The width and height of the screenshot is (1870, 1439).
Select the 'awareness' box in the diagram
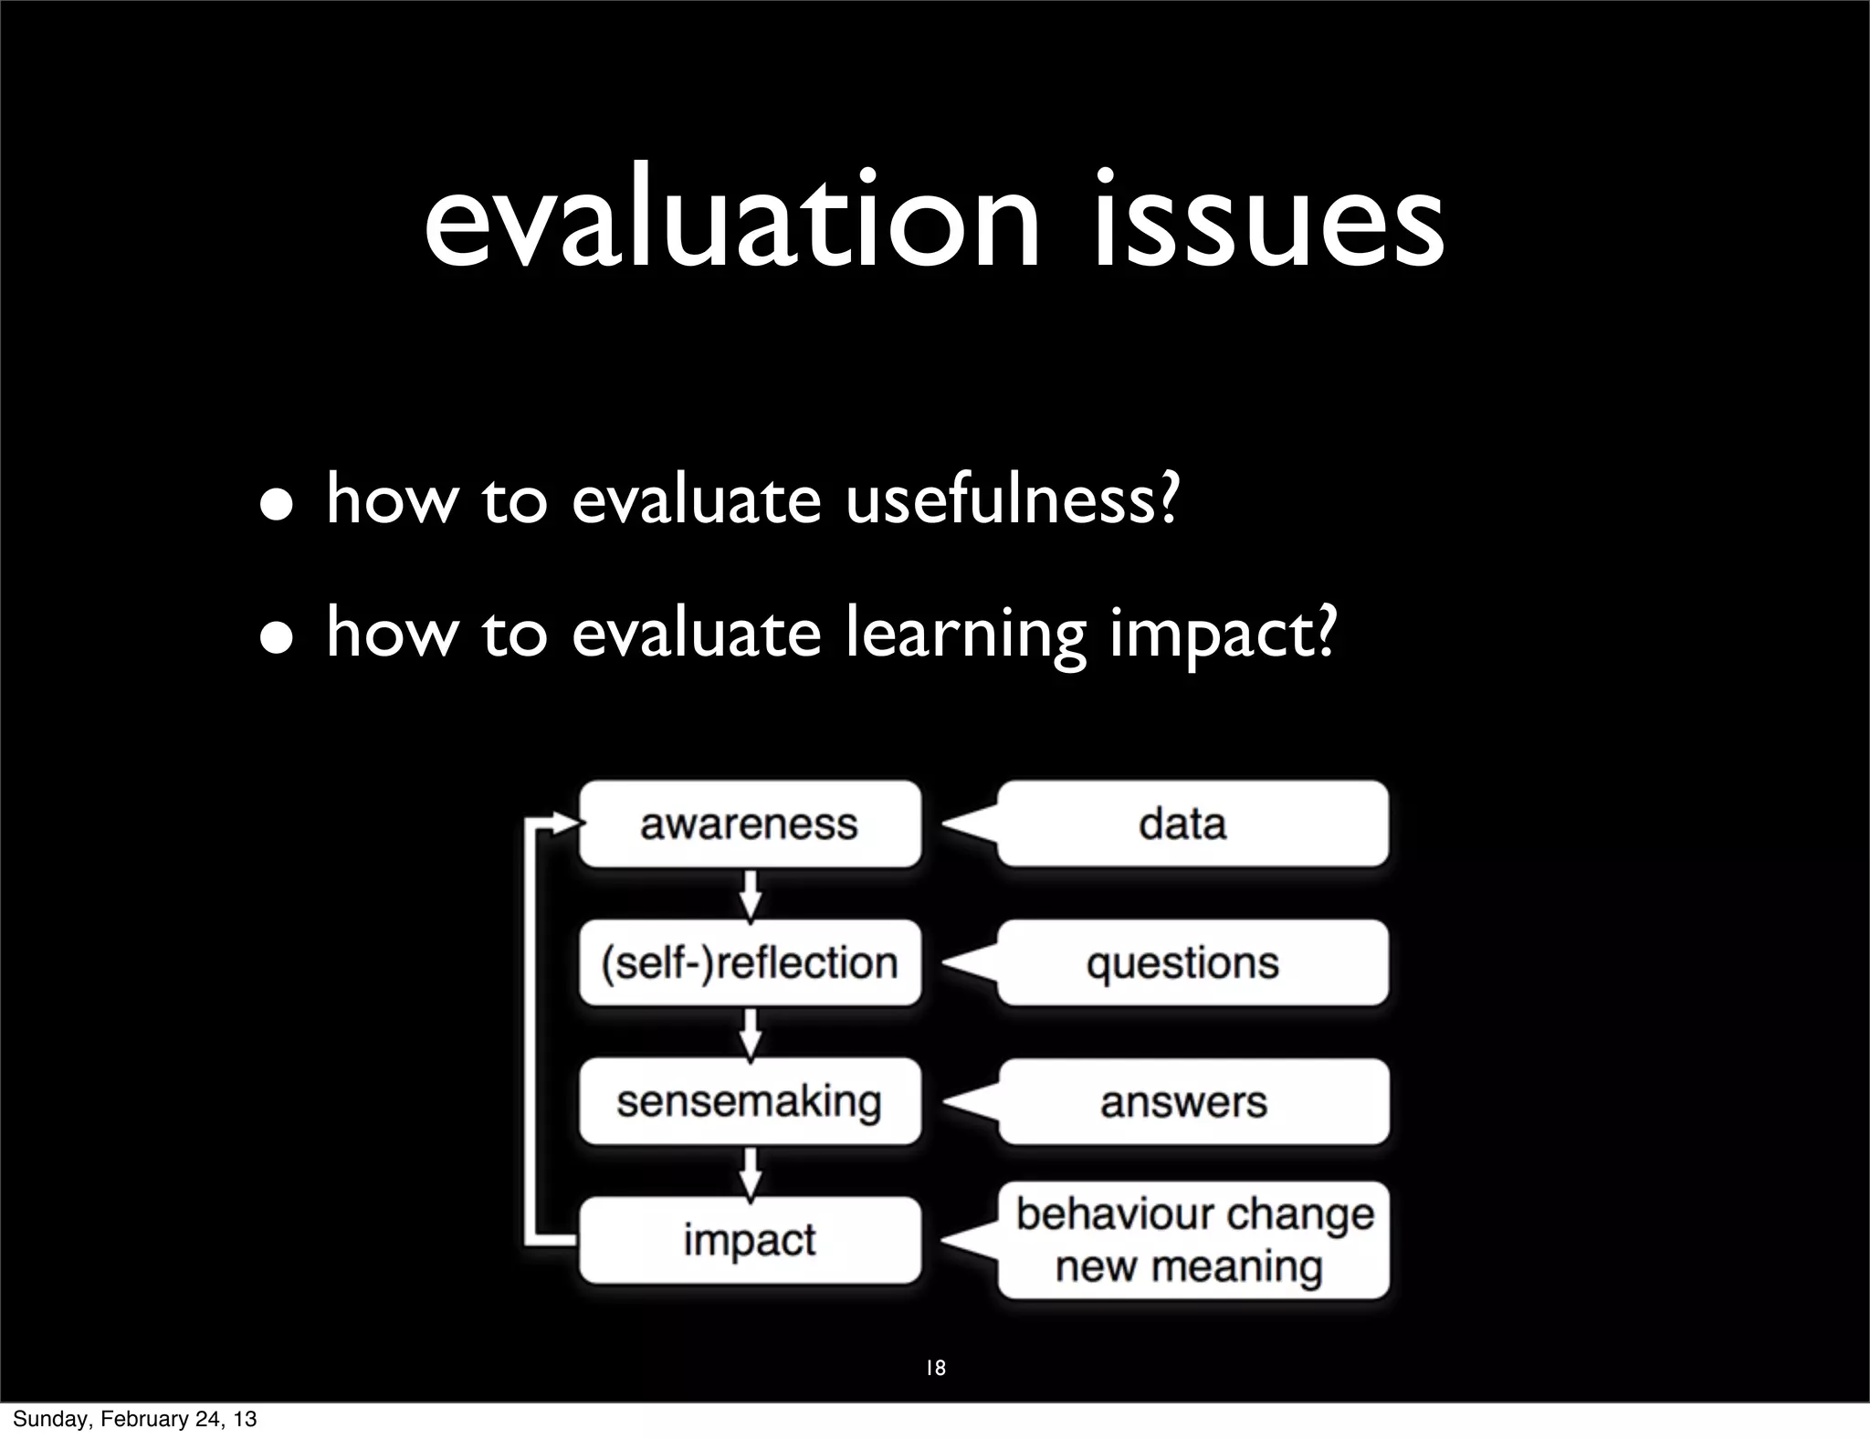tap(750, 825)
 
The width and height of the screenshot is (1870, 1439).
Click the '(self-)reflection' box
tap(750, 963)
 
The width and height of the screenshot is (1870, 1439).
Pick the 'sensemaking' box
tap(750, 1102)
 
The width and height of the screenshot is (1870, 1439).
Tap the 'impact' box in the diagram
tap(750, 1240)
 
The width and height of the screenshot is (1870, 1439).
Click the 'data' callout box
tap(1192, 825)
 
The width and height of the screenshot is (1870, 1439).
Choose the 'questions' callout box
tap(1192, 963)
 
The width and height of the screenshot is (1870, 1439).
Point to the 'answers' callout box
tap(1192, 1102)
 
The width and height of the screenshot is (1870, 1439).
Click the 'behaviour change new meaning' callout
tap(1192, 1240)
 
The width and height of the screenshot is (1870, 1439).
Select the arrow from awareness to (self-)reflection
tap(750, 894)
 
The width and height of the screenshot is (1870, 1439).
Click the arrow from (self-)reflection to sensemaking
tap(750, 1033)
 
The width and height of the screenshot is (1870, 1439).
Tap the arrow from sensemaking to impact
tap(750, 1171)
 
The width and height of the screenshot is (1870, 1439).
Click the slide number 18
tap(935, 1368)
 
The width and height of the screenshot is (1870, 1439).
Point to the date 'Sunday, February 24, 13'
tap(135, 1419)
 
